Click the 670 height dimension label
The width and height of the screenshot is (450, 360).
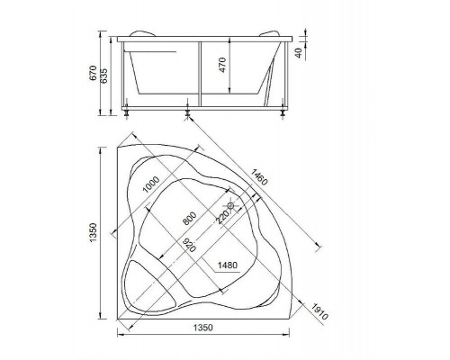tap(94, 73)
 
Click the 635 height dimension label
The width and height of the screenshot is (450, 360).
tap(103, 76)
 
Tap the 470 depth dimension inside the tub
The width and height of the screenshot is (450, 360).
tap(222, 65)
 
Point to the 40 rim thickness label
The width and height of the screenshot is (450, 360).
tap(299, 53)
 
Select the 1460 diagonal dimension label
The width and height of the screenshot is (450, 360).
tap(258, 177)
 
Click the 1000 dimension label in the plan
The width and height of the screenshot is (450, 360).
tap(151, 184)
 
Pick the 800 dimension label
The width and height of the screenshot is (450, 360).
tap(190, 219)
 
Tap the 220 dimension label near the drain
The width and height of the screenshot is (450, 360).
tap(223, 217)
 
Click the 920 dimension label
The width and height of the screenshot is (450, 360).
tap(189, 245)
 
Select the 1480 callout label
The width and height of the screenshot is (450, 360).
tap(227, 265)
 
